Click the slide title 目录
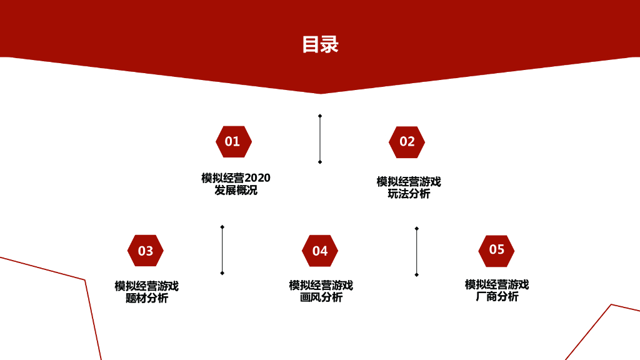[320, 44]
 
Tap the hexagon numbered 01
[233, 141]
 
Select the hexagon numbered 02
[407, 142]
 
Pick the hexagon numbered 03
[146, 251]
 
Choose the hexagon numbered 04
[320, 251]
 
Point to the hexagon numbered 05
[496, 250]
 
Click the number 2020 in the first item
[257, 178]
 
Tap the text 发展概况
[236, 190]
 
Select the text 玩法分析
[409, 194]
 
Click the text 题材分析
[147, 298]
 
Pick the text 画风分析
[321, 297]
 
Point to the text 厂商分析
[497, 296]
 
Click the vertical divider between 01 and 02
[320, 139]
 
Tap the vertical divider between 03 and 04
[222, 250]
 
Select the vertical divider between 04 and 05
[416, 251]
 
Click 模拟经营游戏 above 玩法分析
[409, 182]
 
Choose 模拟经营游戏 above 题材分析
[147, 286]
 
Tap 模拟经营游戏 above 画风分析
[321, 286]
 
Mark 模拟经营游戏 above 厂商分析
[497, 285]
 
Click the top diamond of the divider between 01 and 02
[320, 116]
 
